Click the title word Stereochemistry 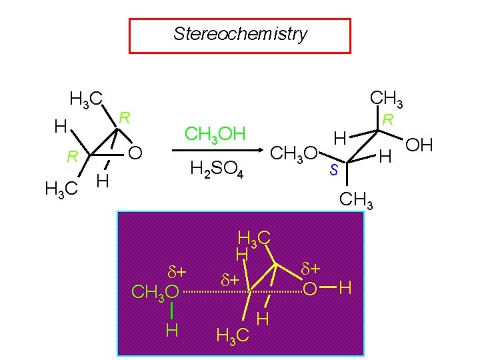[240, 34]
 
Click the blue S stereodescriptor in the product [334, 170]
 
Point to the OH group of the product [419, 146]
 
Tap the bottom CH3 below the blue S [356, 199]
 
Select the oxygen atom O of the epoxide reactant [135, 155]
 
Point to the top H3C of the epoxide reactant [86, 101]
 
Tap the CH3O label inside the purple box [155, 292]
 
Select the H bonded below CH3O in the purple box [171, 330]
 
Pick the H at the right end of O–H [345, 289]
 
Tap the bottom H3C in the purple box [233, 335]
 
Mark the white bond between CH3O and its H [171, 311]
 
